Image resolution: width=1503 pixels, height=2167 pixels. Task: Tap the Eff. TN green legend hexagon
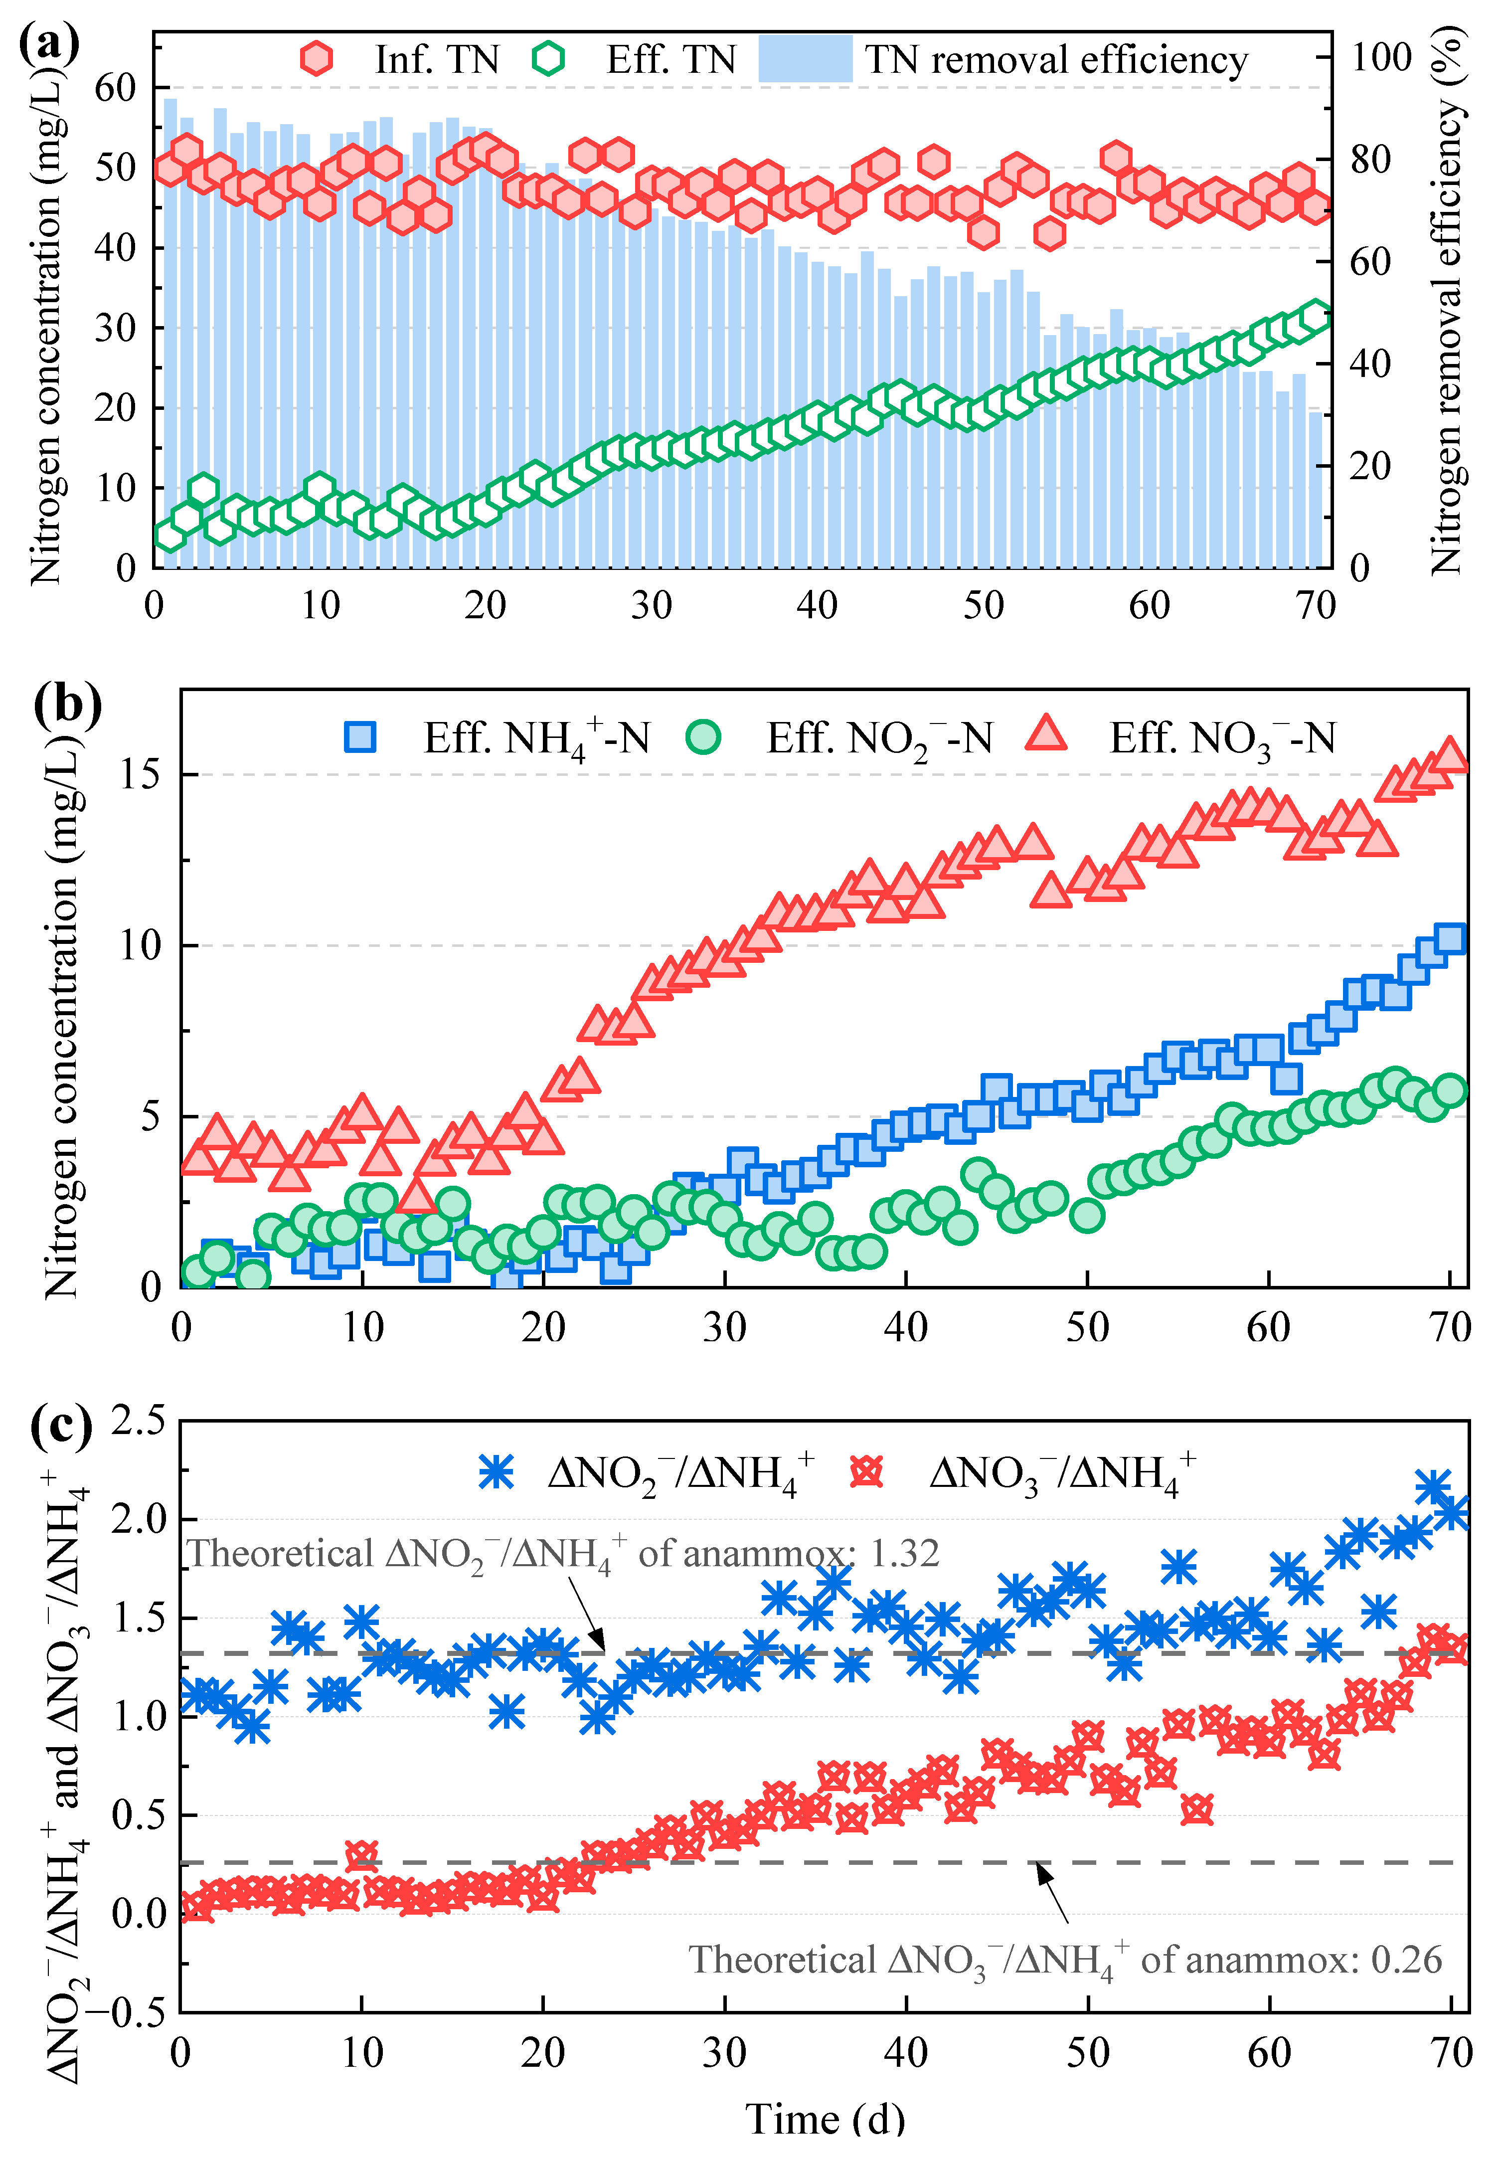[x=548, y=58]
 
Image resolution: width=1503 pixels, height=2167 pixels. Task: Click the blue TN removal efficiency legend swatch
[x=805, y=58]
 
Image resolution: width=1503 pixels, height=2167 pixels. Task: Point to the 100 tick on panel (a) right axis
[x=1381, y=56]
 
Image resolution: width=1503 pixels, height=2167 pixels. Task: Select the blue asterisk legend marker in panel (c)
[x=497, y=1471]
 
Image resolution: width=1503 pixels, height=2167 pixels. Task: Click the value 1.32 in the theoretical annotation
[x=904, y=1553]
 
